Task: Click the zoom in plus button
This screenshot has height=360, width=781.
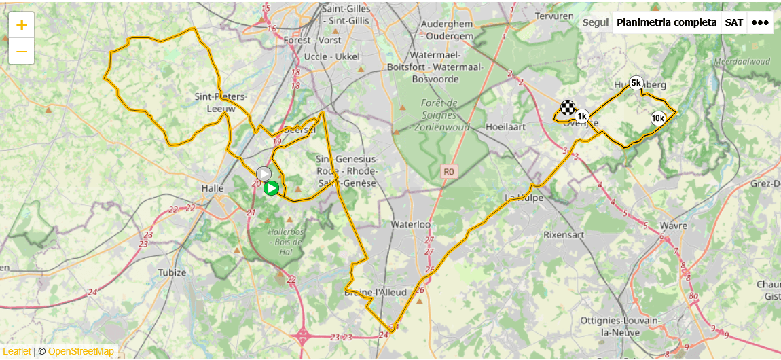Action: [22, 25]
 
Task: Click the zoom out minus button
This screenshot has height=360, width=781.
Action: [22, 52]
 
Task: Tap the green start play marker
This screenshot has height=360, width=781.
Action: [271, 188]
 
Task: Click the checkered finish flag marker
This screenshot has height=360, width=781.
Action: [567, 107]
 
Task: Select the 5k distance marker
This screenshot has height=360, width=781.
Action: [636, 83]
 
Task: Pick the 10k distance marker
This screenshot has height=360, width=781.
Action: [657, 118]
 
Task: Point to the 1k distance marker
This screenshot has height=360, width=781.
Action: [581, 116]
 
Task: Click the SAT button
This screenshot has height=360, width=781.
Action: [733, 22]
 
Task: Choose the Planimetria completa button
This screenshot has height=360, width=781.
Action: [666, 22]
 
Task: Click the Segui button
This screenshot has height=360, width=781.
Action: [596, 22]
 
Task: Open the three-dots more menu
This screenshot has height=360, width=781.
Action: [760, 22]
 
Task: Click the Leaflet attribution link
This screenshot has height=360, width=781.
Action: [17, 351]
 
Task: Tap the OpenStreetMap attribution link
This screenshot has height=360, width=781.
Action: [81, 351]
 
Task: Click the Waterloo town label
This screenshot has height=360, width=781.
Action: [411, 224]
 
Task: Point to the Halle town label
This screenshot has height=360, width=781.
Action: [213, 188]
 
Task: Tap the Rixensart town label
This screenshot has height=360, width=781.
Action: [563, 234]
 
